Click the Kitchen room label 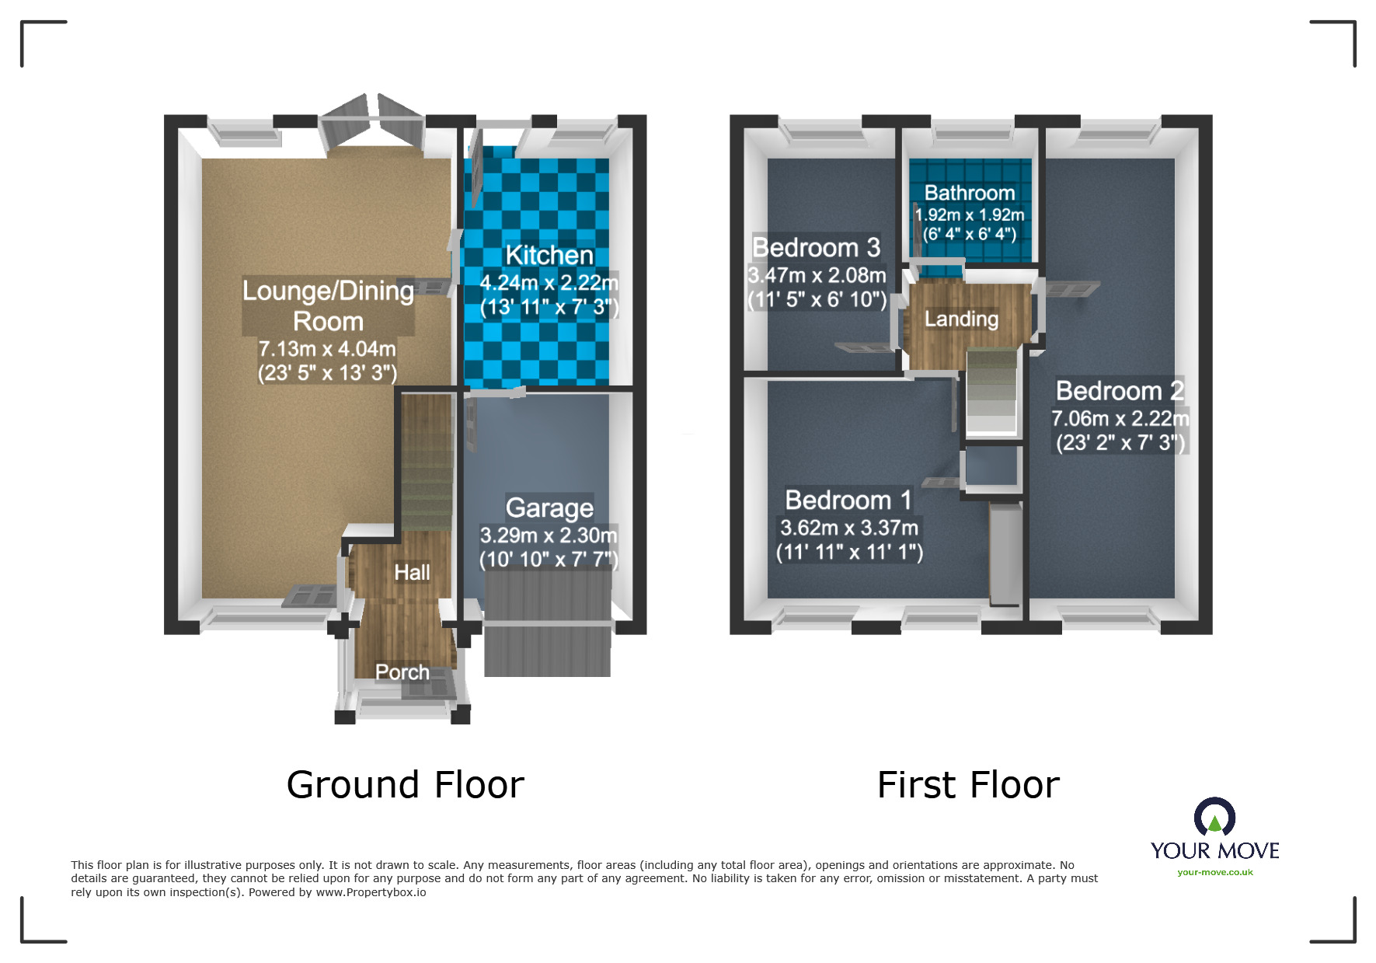549,255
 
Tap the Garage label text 549,508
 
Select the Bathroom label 970,193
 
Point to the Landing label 961,319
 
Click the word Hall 412,573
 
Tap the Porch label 402,672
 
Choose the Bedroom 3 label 817,247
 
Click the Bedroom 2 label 1120,390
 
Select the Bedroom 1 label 848,500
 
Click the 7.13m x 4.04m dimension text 327,349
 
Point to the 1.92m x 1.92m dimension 970,215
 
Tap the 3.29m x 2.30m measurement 549,536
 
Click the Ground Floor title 406,785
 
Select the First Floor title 968,785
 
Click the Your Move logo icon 1214,818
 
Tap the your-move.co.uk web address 1215,872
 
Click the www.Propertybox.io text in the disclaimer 371,892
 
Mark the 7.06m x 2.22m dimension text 1120,419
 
